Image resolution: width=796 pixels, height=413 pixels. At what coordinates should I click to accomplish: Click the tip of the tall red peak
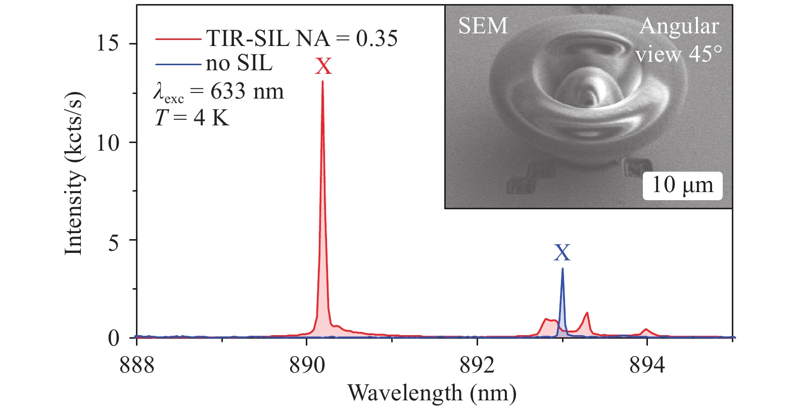[x=322, y=82]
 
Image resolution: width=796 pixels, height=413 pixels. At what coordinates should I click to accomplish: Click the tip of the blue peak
[x=563, y=269]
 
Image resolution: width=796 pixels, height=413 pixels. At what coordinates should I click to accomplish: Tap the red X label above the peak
[x=323, y=66]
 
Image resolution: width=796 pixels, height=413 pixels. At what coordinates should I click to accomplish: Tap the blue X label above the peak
[x=562, y=252]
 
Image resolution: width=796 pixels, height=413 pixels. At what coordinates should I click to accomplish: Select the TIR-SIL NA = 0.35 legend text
[x=302, y=38]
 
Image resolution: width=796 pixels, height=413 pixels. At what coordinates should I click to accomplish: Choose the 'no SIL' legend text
[x=239, y=63]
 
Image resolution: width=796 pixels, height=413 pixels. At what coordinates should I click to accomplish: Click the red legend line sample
[x=178, y=39]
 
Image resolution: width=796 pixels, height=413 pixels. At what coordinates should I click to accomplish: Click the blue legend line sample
[x=178, y=64]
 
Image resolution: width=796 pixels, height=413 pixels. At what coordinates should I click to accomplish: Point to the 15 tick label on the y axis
[x=107, y=43]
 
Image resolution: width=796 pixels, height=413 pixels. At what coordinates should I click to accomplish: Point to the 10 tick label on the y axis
[x=107, y=143]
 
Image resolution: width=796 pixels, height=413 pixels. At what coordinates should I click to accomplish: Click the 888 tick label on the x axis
[x=137, y=365]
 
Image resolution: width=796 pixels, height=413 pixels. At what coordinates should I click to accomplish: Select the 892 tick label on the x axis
[x=477, y=365]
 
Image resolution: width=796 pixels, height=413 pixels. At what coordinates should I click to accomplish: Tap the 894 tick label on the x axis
[x=647, y=365]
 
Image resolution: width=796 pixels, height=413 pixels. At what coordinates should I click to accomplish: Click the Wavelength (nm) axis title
[x=432, y=393]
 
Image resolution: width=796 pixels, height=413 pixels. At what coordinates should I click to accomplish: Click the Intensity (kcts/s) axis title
[x=74, y=174]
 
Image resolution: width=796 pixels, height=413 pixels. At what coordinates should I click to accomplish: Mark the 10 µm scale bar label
[x=682, y=185]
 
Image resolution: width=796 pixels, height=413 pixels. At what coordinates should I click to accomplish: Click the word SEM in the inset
[x=483, y=26]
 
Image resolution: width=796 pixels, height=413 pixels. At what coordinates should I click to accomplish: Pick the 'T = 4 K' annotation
[x=192, y=118]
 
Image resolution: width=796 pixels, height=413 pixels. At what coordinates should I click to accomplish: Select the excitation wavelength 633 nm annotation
[x=218, y=92]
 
